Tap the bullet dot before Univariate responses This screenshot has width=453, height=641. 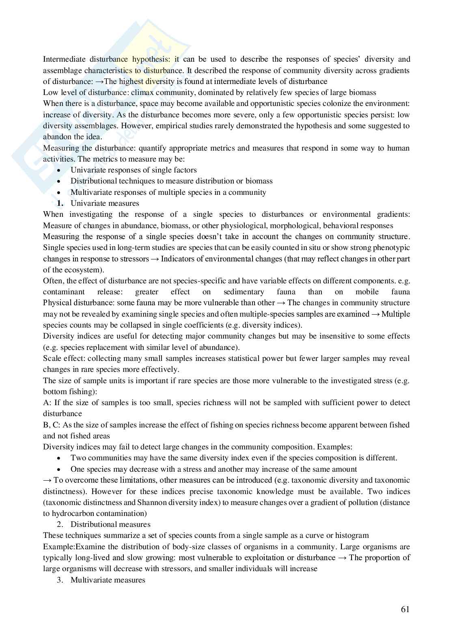coord(60,171)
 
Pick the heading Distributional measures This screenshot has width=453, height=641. coord(110,524)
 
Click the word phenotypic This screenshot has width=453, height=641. coord(391,248)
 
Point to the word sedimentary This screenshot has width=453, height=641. coord(244,292)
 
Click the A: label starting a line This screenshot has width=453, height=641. coord(47,403)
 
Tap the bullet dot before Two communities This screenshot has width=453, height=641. coord(60,458)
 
